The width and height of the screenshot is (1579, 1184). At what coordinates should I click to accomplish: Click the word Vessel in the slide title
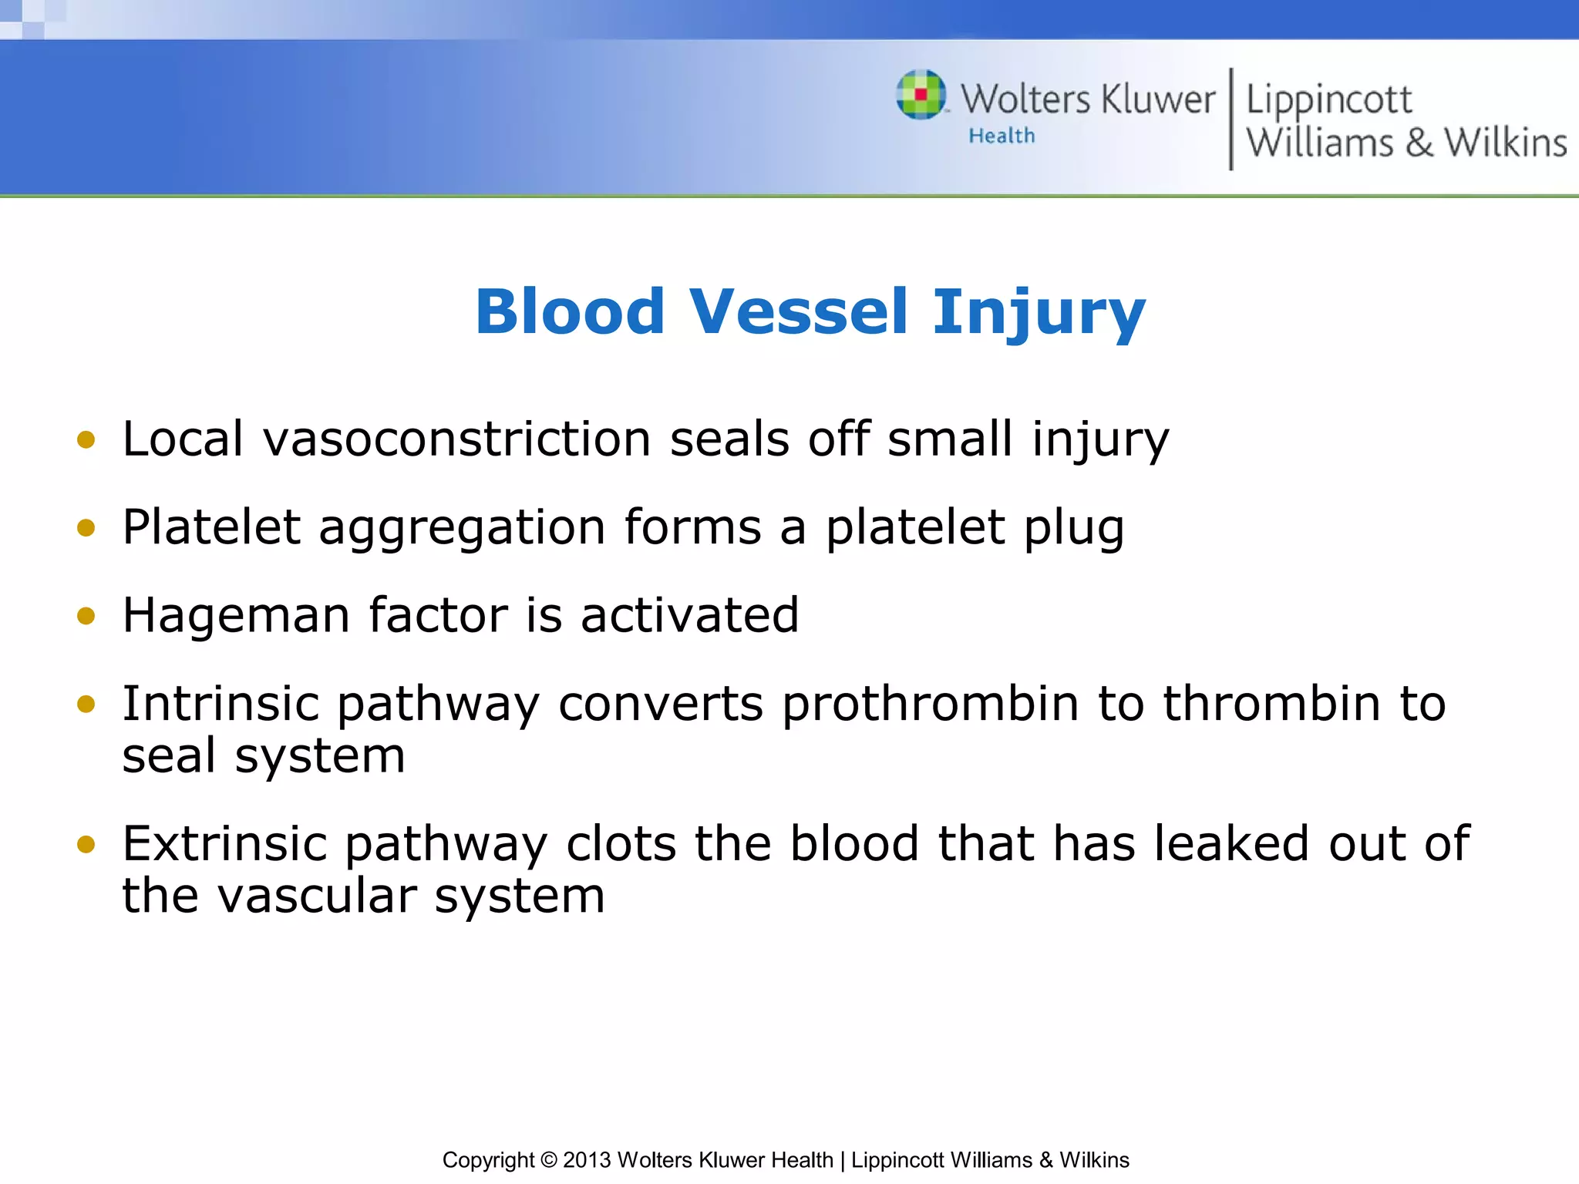798,311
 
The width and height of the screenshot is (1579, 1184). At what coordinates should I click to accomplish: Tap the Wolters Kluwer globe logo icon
921,95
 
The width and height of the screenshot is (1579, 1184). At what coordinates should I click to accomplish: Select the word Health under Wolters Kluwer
1002,136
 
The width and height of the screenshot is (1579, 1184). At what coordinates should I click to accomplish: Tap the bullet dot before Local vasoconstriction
86,440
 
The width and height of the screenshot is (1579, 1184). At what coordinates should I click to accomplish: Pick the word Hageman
236,616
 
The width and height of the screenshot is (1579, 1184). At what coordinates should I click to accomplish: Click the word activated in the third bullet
689,616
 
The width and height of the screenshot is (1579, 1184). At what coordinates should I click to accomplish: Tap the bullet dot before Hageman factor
86,616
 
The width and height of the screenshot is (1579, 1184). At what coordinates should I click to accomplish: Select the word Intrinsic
221,704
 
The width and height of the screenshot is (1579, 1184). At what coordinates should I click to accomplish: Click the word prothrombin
930,704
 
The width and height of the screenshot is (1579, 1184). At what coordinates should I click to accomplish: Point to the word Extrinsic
224,844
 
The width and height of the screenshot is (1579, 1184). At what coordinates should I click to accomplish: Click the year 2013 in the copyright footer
586,1160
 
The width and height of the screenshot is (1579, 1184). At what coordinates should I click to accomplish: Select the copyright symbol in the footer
548,1160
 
